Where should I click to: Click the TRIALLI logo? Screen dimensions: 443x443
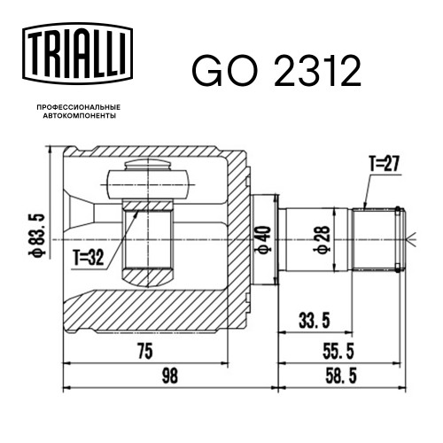click(x=77, y=53)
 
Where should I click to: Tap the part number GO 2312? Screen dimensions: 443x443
click(x=276, y=71)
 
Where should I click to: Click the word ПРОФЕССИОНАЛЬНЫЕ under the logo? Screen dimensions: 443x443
click(x=79, y=107)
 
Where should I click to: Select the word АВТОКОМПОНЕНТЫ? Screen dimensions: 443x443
click(x=79, y=116)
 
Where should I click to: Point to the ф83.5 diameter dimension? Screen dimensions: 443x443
click(x=39, y=234)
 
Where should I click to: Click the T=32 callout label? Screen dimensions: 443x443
click(x=89, y=257)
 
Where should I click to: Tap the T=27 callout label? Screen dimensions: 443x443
click(x=385, y=164)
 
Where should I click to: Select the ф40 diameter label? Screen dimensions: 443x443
click(x=264, y=239)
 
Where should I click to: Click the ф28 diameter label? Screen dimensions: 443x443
click(x=323, y=239)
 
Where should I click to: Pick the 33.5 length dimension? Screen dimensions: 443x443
click(x=315, y=321)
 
